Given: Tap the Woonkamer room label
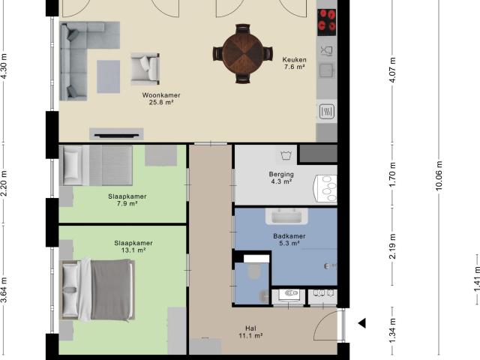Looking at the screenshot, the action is click(161, 95).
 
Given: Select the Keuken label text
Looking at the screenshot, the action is click(294, 60).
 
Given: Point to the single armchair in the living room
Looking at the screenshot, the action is click(145, 68).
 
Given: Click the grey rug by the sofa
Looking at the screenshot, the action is click(108, 76).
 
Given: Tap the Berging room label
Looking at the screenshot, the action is click(281, 174).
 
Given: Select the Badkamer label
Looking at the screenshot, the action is click(289, 236).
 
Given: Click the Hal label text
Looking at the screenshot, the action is click(250, 328).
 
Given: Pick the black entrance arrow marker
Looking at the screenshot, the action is click(363, 323).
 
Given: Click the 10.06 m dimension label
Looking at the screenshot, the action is click(439, 175).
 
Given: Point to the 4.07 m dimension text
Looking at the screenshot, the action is click(393, 70).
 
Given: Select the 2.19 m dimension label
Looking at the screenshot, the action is click(393, 246).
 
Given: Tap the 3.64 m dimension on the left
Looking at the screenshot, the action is click(4, 289).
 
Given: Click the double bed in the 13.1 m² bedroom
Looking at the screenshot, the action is click(97, 289).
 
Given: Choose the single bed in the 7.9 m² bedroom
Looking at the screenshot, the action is click(96, 165).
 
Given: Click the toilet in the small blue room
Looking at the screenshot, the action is click(254, 271).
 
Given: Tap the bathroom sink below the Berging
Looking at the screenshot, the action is click(286, 216).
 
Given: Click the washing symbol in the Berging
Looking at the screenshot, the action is click(286, 155).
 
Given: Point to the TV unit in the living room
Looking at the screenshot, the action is click(116, 134).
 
